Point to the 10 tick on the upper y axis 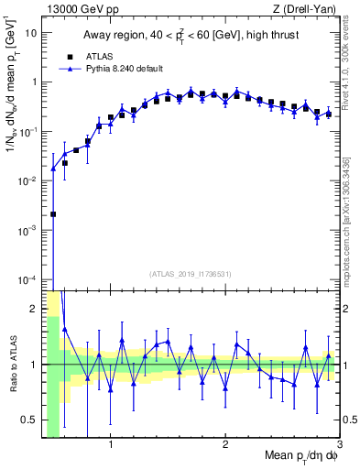pos(32,32)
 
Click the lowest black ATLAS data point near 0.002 pos(53,213)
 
